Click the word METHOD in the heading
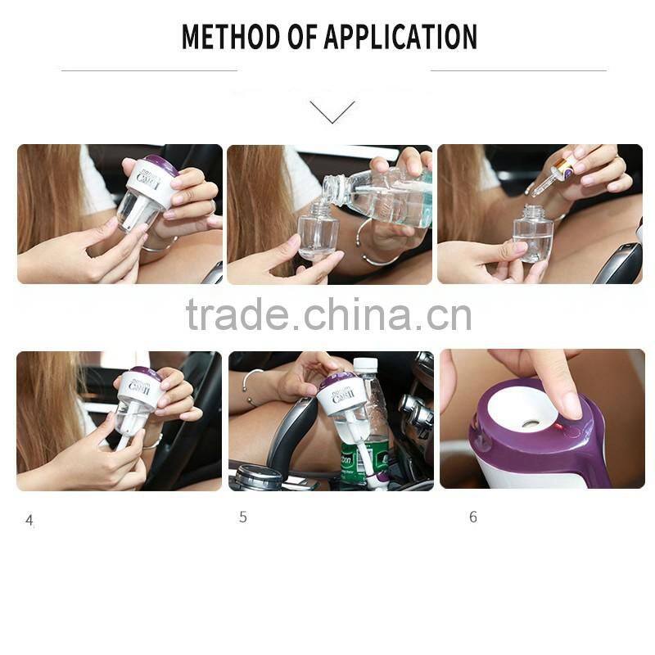tap(227, 37)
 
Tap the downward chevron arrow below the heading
tap(332, 111)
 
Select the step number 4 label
tap(29, 520)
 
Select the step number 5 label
tap(243, 517)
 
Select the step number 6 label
tap(473, 517)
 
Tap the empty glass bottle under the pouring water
tap(317, 233)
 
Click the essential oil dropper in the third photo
tap(553, 177)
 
